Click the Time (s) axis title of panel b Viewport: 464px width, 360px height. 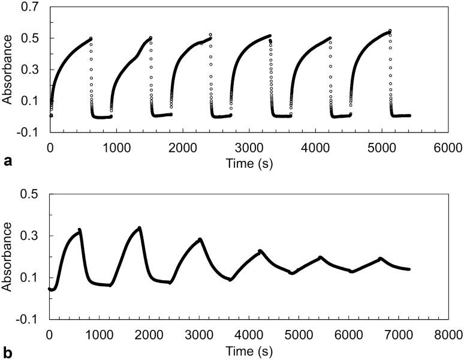point(249,348)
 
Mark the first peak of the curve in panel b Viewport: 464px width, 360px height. point(79,229)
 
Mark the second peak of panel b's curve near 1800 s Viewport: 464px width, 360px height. point(139,227)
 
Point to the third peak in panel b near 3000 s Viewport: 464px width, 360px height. point(200,239)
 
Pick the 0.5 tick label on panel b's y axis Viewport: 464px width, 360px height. point(29,194)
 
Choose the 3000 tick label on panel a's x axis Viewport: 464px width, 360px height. point(249,147)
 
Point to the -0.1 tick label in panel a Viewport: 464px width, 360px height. point(28,133)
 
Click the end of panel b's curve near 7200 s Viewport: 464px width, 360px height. point(409,269)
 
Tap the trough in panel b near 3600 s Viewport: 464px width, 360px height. point(230,280)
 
